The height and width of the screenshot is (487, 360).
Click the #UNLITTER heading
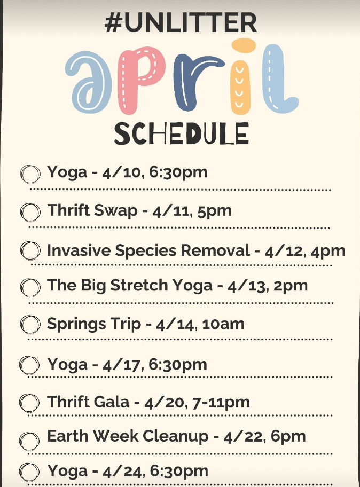click(x=181, y=22)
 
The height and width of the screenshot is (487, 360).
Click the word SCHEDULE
click(x=182, y=133)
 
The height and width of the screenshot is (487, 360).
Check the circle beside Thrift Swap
click(x=30, y=213)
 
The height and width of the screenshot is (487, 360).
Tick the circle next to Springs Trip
click(x=30, y=325)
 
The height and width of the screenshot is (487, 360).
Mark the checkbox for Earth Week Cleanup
click(x=29, y=441)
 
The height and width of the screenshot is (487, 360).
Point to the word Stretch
click(x=139, y=285)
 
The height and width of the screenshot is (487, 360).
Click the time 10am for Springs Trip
click(x=223, y=325)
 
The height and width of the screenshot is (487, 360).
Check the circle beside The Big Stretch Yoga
click(x=30, y=287)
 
